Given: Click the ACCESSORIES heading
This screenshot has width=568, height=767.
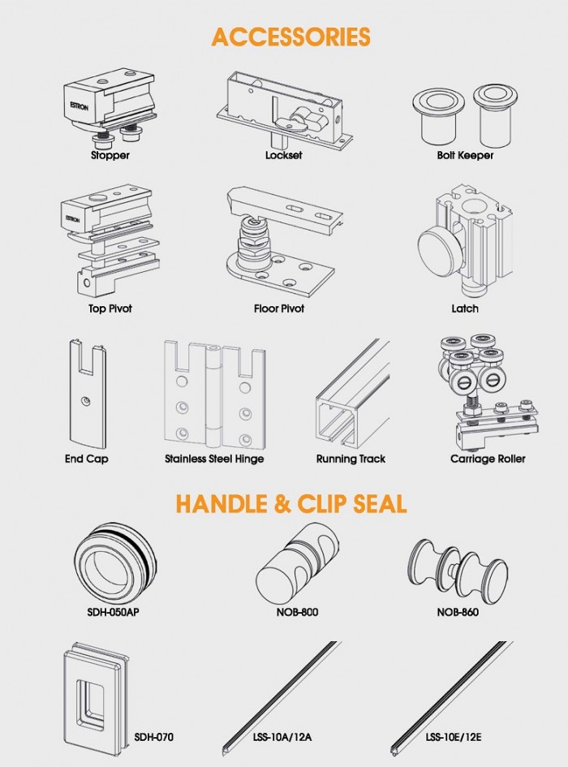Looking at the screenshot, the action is click(290, 37).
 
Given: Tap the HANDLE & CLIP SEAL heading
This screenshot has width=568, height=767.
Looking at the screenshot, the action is click(291, 503).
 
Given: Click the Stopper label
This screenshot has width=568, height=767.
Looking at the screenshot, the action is click(110, 156).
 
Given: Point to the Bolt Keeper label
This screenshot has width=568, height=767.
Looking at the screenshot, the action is click(465, 155).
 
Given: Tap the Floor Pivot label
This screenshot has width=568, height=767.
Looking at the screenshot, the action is click(279, 308).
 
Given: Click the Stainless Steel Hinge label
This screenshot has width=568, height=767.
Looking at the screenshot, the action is click(214, 459).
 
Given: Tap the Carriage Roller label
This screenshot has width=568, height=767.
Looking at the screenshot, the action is click(488, 459).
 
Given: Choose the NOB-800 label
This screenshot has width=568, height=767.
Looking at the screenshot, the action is click(297, 612).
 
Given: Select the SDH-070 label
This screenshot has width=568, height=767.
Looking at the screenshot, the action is click(153, 737).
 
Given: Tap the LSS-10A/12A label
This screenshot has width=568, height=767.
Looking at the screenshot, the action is click(282, 737).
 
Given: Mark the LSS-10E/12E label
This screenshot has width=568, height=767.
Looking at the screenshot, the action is click(453, 737).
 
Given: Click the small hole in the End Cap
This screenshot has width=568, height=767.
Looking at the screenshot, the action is click(86, 401).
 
